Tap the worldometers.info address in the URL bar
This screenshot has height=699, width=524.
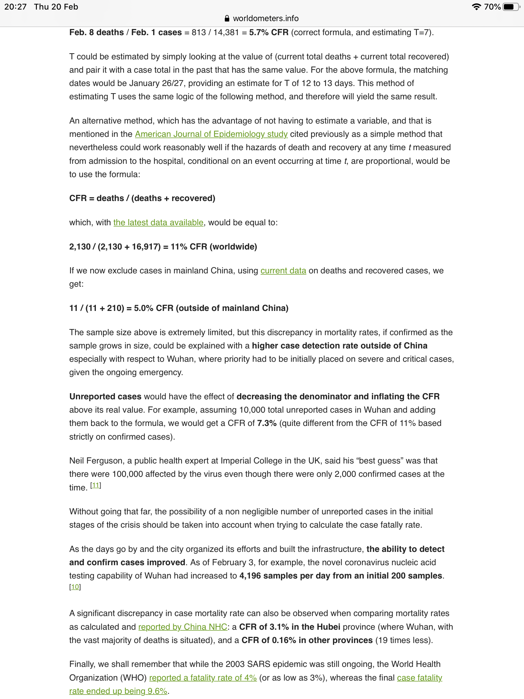pos(265,18)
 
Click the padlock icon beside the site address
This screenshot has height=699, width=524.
pos(227,18)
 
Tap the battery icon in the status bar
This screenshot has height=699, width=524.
pos(511,7)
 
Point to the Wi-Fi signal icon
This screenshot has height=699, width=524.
pos(476,7)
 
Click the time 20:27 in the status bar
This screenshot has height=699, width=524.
pos(15,7)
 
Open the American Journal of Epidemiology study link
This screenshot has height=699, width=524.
pos(211,134)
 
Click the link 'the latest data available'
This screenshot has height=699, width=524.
pos(158,223)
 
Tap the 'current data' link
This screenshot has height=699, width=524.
pos(283,271)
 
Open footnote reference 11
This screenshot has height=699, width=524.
pos(96,485)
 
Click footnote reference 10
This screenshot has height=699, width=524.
pos(75,587)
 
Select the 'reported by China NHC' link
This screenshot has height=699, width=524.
pos(183,627)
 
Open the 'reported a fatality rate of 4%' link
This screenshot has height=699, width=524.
pos(203,678)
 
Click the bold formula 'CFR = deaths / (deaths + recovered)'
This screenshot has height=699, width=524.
pos(142,198)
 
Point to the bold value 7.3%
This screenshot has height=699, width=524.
pos(267,423)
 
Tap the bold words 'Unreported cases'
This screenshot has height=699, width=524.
pos(105,397)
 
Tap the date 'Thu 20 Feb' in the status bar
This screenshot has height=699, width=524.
pos(56,7)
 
